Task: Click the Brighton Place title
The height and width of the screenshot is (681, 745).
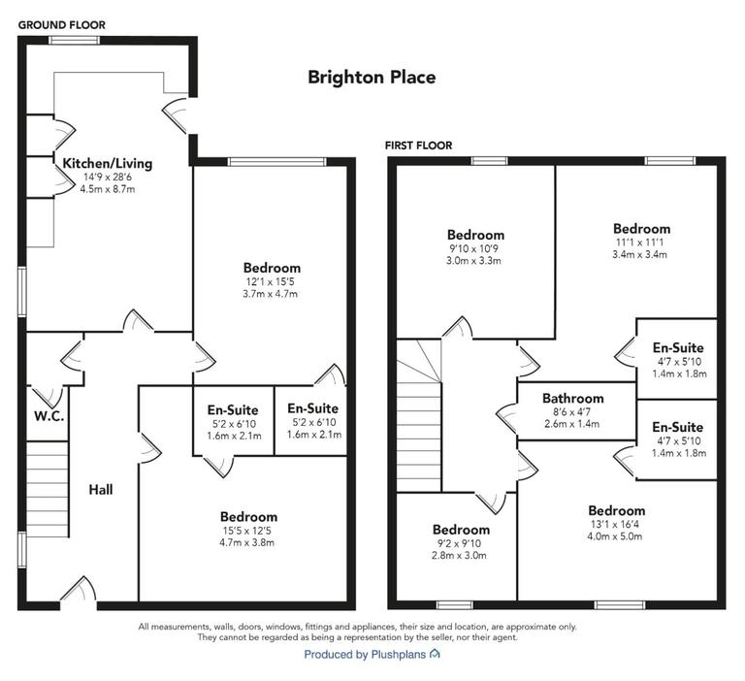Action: pyautogui.click(x=372, y=77)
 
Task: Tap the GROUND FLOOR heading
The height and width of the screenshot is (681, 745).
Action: pyautogui.click(x=62, y=24)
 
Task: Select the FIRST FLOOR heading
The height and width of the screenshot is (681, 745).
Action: pyautogui.click(x=416, y=146)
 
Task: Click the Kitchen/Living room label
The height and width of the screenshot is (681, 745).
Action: pyautogui.click(x=108, y=163)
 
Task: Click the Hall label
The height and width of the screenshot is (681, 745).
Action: pyautogui.click(x=101, y=490)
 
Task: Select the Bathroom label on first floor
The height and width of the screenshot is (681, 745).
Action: pyautogui.click(x=572, y=399)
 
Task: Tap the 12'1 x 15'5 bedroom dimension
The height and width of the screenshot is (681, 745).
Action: pyautogui.click(x=272, y=280)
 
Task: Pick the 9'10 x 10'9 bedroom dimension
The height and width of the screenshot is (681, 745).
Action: pyautogui.click(x=475, y=247)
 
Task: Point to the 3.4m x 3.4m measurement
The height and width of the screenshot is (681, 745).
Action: pyautogui.click(x=641, y=254)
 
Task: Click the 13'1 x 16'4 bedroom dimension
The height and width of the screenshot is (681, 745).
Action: pyautogui.click(x=616, y=524)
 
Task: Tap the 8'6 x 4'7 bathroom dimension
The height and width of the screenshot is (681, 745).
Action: pyautogui.click(x=572, y=411)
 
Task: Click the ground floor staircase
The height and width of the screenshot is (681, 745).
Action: pyautogui.click(x=47, y=489)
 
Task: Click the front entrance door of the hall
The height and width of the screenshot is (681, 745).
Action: pyautogui.click(x=78, y=593)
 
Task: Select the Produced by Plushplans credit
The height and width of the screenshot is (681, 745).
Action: pyautogui.click(x=372, y=655)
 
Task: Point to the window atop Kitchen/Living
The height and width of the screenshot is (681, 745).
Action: pyautogui.click(x=74, y=40)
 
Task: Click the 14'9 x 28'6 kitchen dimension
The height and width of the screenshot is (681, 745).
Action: pyautogui.click(x=108, y=177)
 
